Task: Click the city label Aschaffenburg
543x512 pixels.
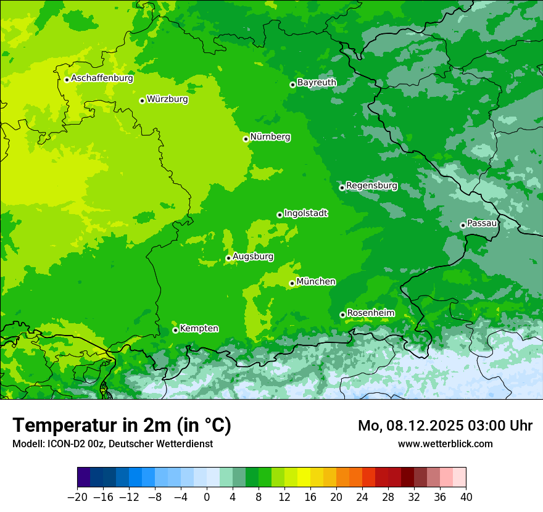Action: point(102,78)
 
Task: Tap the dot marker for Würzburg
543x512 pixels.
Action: point(142,101)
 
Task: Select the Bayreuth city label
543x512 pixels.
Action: point(317,83)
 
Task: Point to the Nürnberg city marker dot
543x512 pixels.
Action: point(246,139)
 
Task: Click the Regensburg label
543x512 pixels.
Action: point(371,186)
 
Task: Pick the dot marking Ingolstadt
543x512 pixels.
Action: point(280,215)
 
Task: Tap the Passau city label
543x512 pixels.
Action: point(482,223)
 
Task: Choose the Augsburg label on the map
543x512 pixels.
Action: point(253,257)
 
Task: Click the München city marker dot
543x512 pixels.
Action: point(292,284)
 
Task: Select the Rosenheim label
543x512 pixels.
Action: point(370,313)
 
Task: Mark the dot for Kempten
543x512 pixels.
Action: point(175,330)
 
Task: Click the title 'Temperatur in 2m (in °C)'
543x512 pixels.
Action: point(122,425)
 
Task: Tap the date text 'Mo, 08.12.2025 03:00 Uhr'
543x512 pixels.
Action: point(445,426)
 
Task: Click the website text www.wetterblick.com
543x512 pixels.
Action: point(445,444)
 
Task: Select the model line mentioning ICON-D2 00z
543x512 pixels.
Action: point(112,444)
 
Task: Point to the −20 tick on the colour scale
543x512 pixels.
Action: point(78,497)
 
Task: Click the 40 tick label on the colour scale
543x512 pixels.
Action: point(466,497)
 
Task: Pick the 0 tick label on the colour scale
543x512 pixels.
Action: point(207,497)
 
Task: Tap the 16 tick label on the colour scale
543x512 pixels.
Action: point(310,497)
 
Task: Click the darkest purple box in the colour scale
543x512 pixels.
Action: point(84,477)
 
